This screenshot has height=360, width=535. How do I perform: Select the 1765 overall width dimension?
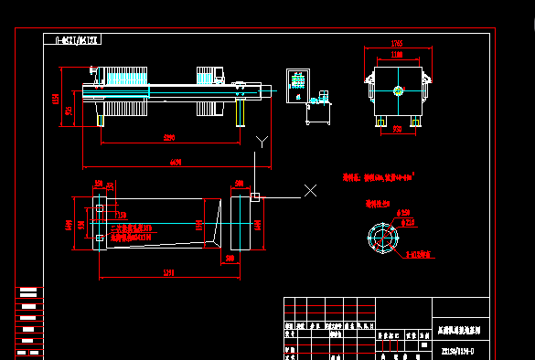coord(397,43)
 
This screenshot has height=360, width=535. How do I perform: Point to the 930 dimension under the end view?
coord(397,130)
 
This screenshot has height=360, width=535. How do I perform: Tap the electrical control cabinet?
coord(297,84)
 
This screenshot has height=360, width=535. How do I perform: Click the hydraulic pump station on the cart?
coord(320,98)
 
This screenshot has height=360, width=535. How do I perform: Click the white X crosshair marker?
coord(310,190)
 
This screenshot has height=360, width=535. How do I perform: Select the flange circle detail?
coord(383,237)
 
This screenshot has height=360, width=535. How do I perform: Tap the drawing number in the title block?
coord(458,349)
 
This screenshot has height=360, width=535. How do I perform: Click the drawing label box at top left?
coord(72,40)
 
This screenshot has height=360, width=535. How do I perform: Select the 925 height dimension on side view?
coord(67,110)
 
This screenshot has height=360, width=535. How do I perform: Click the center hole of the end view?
coord(397,90)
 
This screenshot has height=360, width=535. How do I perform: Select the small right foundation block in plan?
coord(255,196)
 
